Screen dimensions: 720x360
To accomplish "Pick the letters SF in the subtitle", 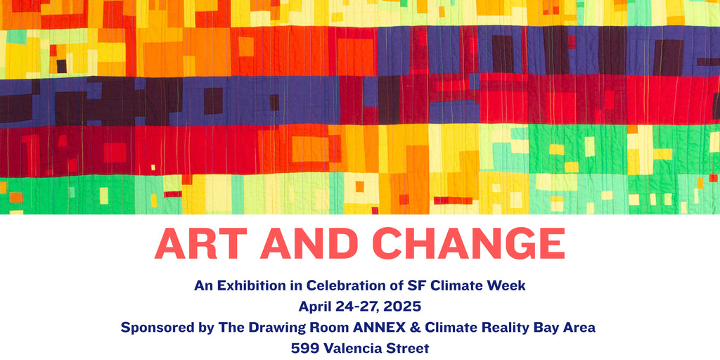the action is [x=415, y=285].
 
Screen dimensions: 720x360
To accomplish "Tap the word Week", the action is [x=509, y=285].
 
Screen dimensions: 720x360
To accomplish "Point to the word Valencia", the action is [x=354, y=349].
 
